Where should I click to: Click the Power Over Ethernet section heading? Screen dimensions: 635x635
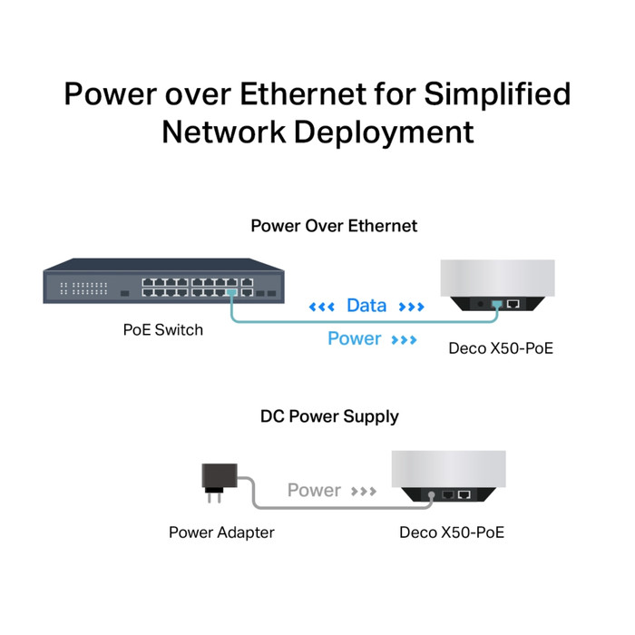click(x=334, y=226)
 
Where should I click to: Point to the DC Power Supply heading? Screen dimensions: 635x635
click(x=329, y=417)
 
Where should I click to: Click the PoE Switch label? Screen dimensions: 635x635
click(x=163, y=329)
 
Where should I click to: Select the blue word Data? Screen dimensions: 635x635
click(x=366, y=306)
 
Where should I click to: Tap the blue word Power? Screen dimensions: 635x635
click(x=354, y=338)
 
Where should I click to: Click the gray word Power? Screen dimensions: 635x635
click(x=314, y=491)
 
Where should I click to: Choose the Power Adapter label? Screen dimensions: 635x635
click(x=221, y=532)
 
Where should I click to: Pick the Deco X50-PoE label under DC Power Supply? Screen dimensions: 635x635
click(x=451, y=532)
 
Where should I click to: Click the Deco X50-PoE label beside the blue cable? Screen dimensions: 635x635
click(x=501, y=347)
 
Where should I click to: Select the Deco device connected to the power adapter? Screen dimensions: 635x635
click(x=446, y=474)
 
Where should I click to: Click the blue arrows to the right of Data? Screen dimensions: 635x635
click(x=411, y=307)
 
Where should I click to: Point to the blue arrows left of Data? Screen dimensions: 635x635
click(x=322, y=307)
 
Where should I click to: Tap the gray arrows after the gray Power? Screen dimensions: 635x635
click(x=364, y=492)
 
